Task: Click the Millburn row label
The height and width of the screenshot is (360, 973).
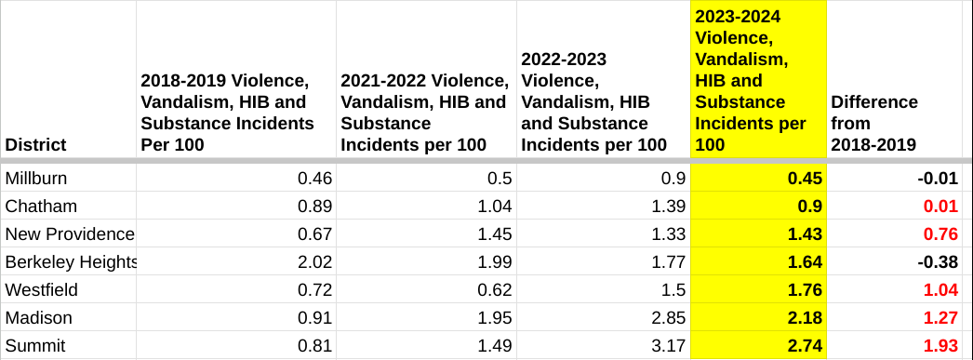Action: (36, 179)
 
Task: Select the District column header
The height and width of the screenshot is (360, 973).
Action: (36, 145)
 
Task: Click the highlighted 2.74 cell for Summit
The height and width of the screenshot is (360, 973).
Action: (805, 346)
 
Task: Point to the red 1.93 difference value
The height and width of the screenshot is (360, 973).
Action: (940, 346)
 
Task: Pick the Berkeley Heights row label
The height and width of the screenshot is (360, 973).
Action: (71, 262)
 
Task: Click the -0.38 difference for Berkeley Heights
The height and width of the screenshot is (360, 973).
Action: (938, 262)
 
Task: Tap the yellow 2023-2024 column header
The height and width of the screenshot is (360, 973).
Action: (751, 81)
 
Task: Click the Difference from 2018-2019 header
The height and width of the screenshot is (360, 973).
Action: (874, 123)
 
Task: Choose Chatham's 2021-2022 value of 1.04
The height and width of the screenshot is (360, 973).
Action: (495, 207)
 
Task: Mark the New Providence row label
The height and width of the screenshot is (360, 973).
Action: (70, 234)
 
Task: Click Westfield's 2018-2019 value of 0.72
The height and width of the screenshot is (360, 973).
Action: (315, 290)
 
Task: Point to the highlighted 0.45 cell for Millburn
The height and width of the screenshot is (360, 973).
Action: (805, 179)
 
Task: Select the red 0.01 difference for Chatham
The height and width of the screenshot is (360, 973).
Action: (940, 207)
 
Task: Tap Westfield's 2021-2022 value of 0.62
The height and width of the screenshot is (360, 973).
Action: (495, 290)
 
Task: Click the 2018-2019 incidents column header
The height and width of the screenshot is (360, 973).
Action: (228, 113)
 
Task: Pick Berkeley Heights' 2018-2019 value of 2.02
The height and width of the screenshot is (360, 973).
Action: (315, 262)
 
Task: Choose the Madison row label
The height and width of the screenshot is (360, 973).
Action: (38, 318)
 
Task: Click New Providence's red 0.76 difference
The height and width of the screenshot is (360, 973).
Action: (940, 234)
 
